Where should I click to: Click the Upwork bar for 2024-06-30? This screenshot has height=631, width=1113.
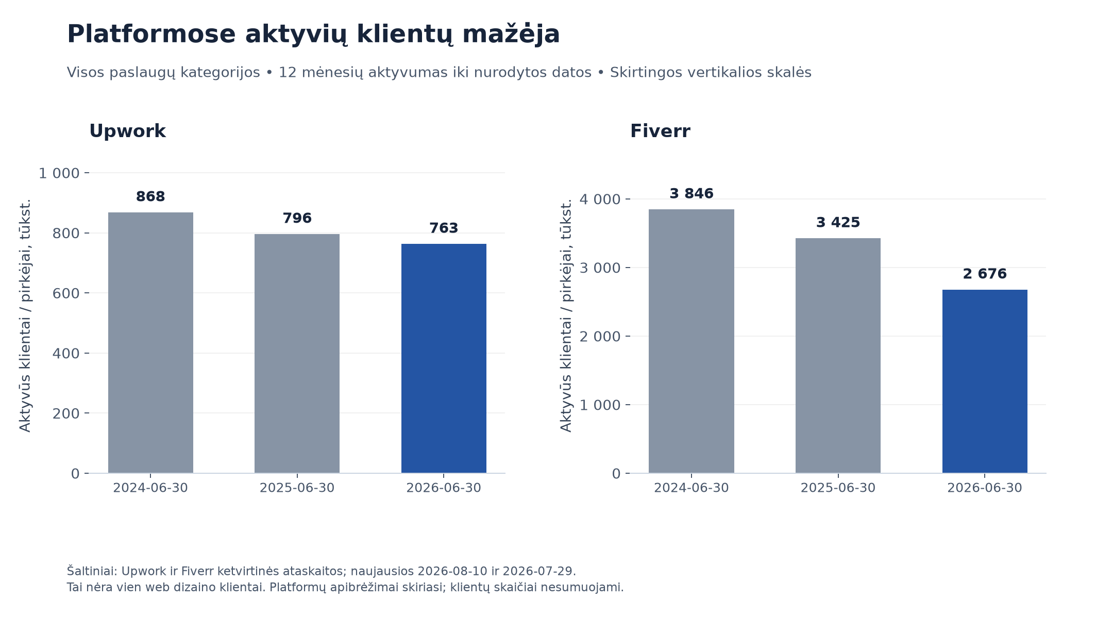150,343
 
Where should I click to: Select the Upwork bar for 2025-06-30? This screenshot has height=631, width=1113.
297,354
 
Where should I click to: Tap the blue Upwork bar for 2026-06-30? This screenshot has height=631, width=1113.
444,358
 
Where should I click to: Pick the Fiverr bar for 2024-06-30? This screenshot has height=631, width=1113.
691,341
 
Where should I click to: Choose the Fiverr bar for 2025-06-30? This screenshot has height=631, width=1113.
838,356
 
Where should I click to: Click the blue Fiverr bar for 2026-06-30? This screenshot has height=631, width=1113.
985,381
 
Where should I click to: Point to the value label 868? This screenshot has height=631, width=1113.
150,197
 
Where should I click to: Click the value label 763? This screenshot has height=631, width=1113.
444,228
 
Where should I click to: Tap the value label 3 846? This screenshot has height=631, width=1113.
691,194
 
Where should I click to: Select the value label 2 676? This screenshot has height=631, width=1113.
985,274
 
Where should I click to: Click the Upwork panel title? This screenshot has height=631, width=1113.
127,131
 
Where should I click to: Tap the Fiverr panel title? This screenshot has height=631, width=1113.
660,131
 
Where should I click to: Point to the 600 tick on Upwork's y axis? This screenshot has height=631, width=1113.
66,293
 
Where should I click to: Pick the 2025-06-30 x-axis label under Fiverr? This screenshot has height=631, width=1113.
838,488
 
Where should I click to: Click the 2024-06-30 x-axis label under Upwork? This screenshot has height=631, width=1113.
150,488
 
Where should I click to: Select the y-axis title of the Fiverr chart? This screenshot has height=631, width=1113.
566,315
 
